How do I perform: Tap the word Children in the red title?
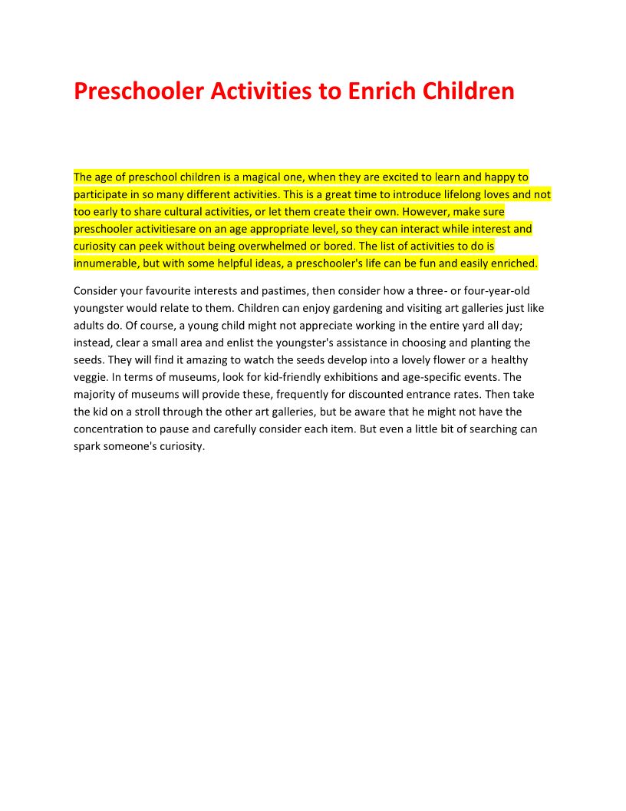(468, 91)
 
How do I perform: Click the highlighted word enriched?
(514, 263)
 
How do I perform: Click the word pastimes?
(278, 291)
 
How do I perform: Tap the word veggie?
(93, 377)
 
